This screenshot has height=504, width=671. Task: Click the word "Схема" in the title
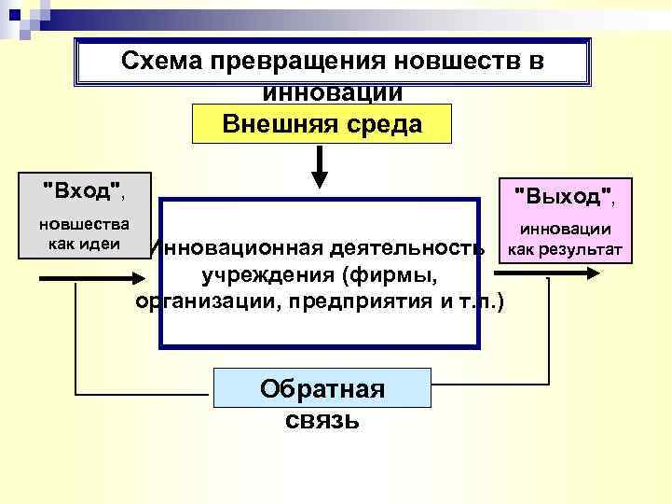pyautogui.click(x=164, y=63)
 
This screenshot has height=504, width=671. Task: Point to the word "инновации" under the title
pyautogui.click(x=333, y=92)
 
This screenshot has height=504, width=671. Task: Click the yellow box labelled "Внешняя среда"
pyautogui.click(x=322, y=123)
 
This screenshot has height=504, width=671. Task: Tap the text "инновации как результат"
pyautogui.click(x=566, y=239)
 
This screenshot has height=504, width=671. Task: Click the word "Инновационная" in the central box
pyautogui.click(x=229, y=248)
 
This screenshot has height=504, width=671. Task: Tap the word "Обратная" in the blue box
pyautogui.click(x=322, y=388)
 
